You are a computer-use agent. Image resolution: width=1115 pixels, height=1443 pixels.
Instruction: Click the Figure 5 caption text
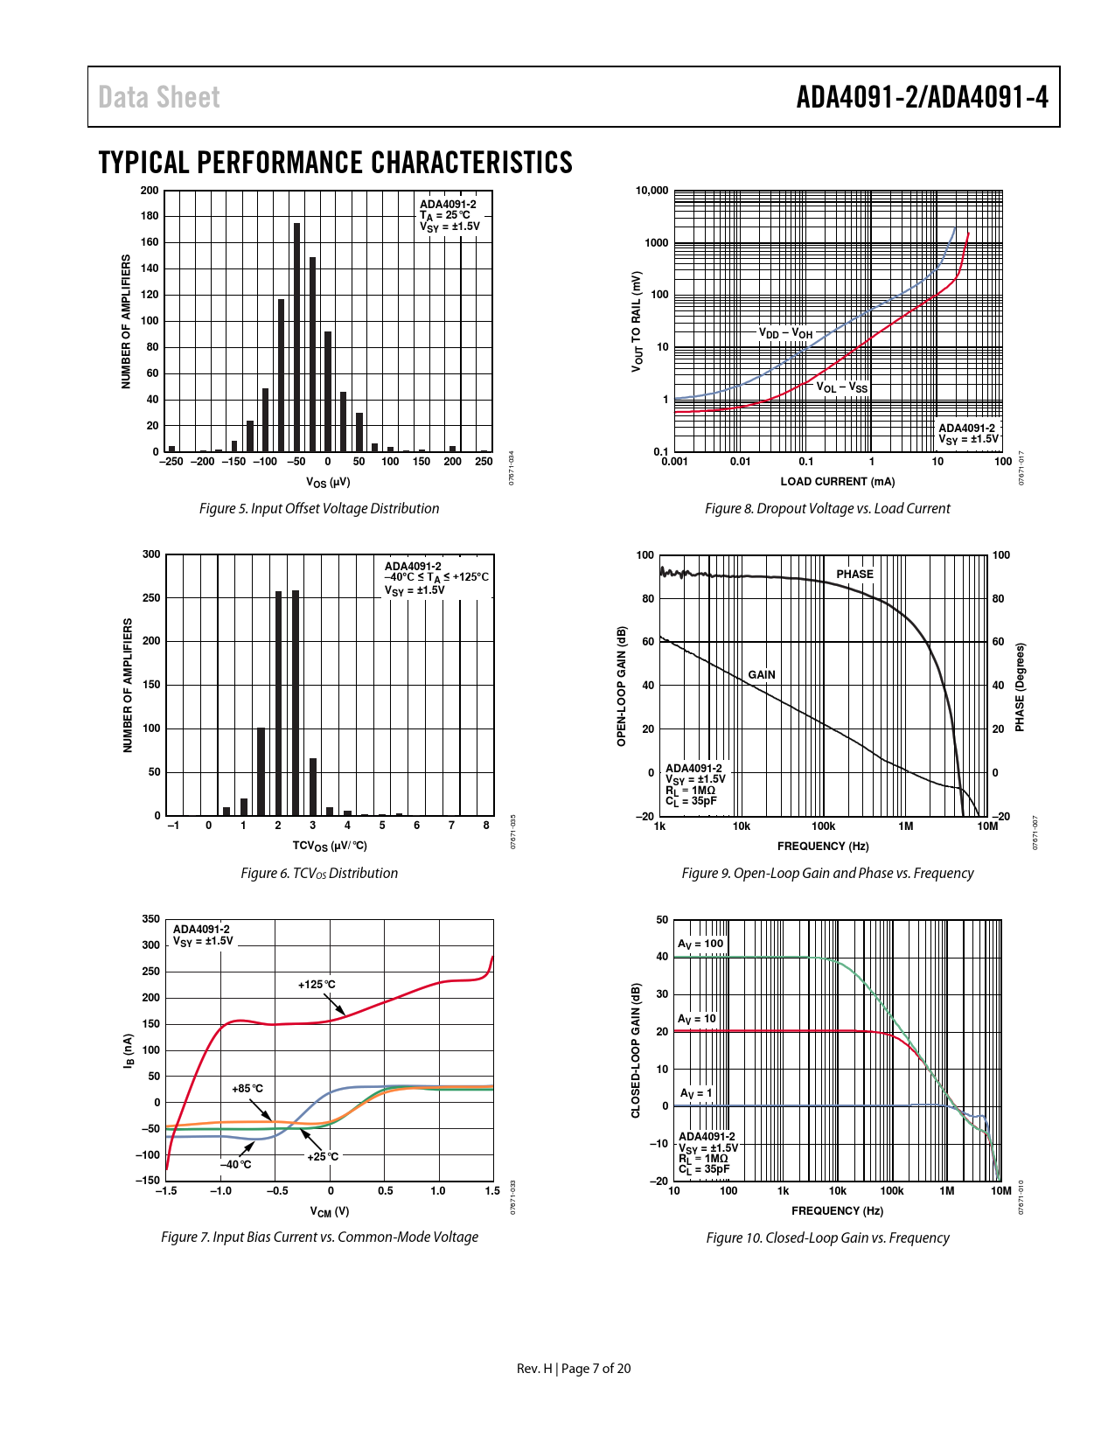tap(319, 508)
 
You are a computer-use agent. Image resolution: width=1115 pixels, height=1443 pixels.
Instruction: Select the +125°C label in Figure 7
tap(317, 985)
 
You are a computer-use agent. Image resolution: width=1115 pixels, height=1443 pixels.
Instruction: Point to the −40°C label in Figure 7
tap(235, 1164)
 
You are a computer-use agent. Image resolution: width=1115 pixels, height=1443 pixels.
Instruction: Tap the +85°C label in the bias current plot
tap(247, 1089)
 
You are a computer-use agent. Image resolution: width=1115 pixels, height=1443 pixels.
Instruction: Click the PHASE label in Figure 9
tap(854, 575)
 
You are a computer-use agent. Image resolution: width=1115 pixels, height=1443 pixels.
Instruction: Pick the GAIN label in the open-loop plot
tap(762, 674)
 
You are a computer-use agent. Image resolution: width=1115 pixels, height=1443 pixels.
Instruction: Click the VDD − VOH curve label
tap(785, 333)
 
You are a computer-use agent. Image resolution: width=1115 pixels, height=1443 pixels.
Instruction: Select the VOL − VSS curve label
tap(842, 387)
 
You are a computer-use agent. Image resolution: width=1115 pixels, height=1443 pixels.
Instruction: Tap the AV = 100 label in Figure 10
tap(700, 944)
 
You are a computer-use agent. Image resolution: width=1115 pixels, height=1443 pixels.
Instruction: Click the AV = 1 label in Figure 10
tap(696, 1093)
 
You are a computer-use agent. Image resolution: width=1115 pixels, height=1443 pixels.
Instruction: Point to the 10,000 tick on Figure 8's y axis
tap(652, 191)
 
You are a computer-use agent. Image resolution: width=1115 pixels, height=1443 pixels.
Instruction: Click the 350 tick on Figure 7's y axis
tap(151, 919)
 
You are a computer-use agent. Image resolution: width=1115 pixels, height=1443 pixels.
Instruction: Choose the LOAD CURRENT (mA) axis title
tap(837, 481)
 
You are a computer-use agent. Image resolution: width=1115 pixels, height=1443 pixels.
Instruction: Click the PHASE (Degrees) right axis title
tap(1020, 687)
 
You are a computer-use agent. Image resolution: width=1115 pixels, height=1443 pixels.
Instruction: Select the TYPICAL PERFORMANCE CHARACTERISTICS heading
tap(336, 163)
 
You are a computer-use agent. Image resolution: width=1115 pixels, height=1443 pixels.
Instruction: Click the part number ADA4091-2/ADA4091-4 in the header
tap(922, 97)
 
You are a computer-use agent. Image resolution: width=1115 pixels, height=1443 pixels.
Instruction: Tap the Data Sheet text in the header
tap(159, 97)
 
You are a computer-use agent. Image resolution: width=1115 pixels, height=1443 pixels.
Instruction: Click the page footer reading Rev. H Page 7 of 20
tap(573, 1369)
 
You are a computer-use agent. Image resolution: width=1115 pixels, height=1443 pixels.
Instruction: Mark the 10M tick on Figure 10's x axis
tap(1000, 1190)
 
